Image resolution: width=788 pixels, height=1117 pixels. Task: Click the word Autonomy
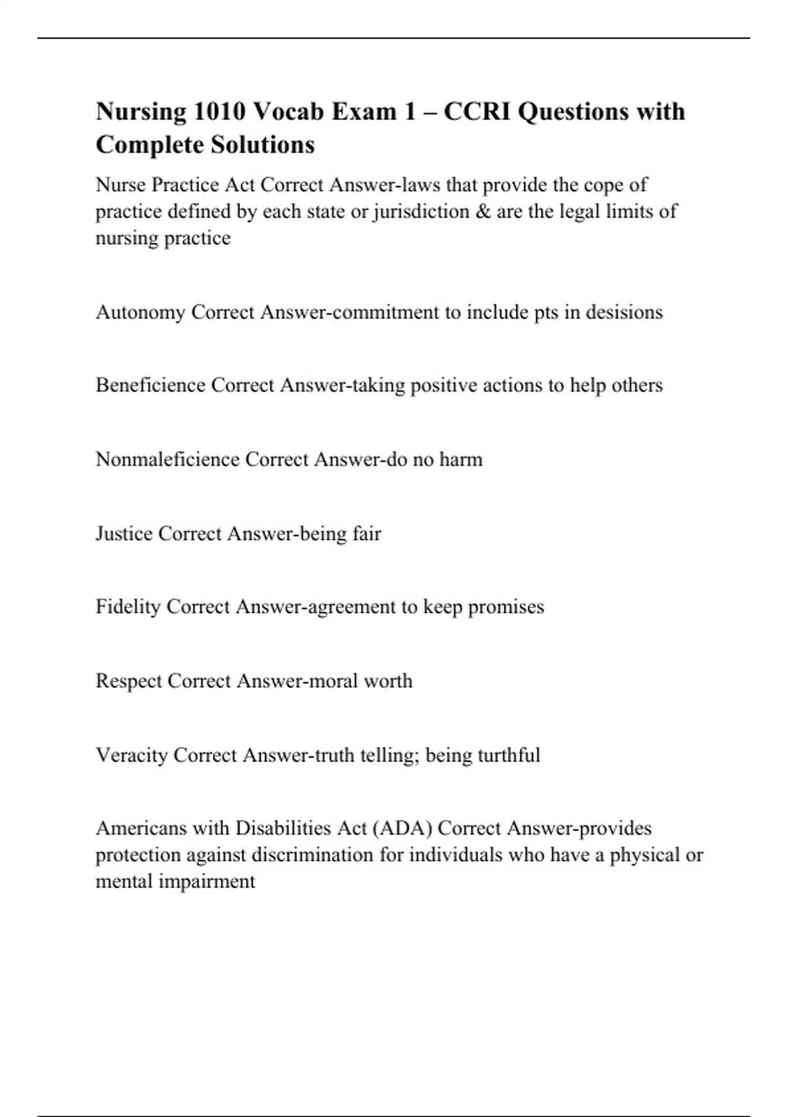coord(141,312)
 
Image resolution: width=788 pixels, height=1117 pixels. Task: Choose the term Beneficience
coord(150,385)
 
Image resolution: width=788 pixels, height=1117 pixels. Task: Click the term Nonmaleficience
coord(167,459)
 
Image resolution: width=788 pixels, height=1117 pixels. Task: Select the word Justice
coord(124,534)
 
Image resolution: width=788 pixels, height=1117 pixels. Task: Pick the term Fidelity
coord(128,606)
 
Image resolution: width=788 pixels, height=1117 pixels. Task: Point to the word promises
coord(506,607)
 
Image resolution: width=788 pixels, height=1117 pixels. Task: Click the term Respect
coord(129,681)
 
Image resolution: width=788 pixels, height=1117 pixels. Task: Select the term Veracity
coord(132,755)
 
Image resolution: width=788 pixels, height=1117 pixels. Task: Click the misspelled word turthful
coord(508,755)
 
